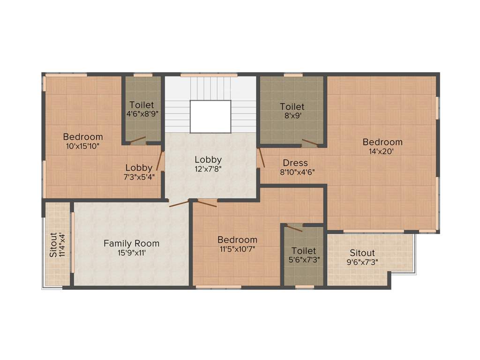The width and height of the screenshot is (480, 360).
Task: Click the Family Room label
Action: (131, 243)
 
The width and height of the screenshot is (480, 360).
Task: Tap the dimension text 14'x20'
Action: (382, 151)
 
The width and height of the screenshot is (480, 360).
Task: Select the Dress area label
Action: (295, 163)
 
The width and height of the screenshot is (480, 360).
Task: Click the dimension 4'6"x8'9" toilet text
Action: (141, 114)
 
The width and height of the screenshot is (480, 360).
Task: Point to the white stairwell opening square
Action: (210, 116)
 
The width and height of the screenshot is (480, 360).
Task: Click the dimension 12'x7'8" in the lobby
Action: (208, 169)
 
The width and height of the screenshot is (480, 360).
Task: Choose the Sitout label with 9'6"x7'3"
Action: (362, 253)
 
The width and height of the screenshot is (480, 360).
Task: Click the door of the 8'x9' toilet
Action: (310, 143)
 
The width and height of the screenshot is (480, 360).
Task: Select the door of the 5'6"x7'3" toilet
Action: (294, 228)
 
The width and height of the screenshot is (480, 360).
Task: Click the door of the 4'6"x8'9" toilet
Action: (137, 139)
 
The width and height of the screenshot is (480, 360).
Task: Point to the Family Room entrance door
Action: (179, 203)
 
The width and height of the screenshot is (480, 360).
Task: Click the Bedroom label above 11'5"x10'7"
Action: (237, 240)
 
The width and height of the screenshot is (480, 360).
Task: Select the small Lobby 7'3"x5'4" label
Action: (139, 168)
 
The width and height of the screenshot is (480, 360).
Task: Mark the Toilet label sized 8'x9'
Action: (292, 106)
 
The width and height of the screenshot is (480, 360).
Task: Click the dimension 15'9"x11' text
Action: (131, 253)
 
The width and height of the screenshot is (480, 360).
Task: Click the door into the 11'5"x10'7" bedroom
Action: (206, 202)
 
